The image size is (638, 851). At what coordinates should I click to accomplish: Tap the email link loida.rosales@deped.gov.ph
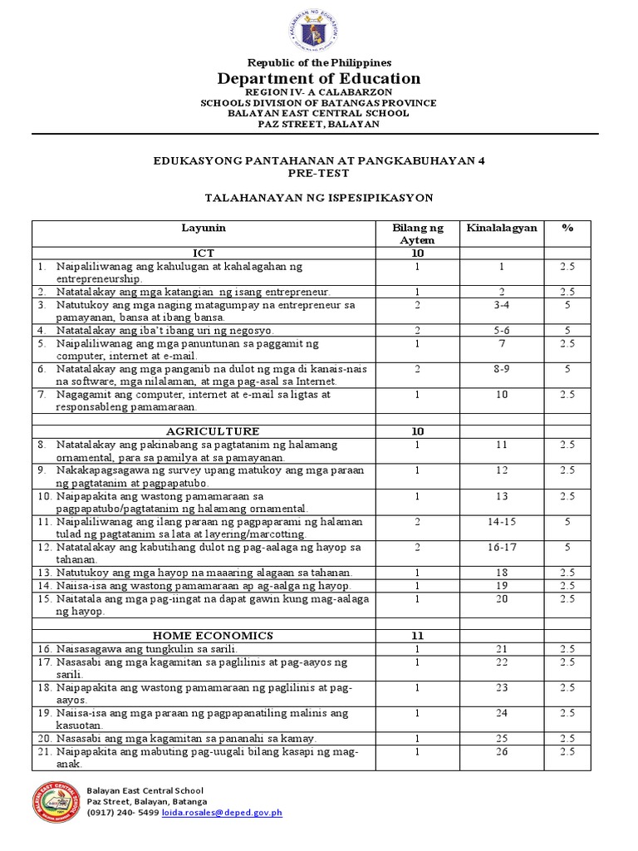point(233,813)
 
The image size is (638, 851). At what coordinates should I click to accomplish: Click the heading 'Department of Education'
point(319,79)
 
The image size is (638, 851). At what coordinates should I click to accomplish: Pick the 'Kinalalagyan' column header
point(502,227)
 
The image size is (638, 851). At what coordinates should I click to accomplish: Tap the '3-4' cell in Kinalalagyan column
point(502,305)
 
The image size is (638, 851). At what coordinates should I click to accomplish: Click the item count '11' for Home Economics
point(418,635)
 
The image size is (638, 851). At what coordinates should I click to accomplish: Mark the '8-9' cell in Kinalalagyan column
point(502,369)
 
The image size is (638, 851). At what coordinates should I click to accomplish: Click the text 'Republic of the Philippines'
point(319,62)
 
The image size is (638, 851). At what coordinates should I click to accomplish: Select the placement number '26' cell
point(502,751)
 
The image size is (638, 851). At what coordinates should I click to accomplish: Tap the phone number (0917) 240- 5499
point(122,813)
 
